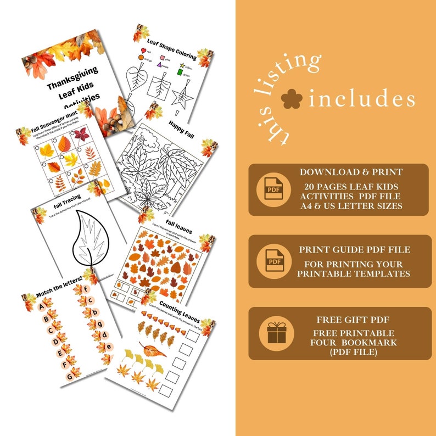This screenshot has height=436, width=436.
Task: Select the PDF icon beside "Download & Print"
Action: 273,189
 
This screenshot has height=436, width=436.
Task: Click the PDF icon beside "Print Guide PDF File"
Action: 273,260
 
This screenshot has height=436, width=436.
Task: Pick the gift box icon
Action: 273,333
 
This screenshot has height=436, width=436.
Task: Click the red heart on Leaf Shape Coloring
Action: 143,50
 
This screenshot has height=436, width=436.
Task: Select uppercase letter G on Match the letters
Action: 69,364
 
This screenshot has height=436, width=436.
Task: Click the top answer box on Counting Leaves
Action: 193,336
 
